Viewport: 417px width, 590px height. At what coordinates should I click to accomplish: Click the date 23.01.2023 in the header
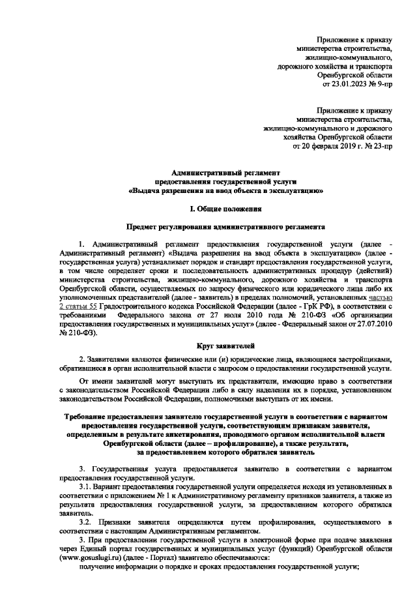click(x=351, y=84)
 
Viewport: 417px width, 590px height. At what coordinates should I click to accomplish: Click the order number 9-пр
click(x=382, y=84)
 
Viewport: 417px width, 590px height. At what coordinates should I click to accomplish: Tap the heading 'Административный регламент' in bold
click(x=225, y=168)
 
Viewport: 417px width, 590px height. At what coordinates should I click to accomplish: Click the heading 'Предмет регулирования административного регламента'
click(x=225, y=228)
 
